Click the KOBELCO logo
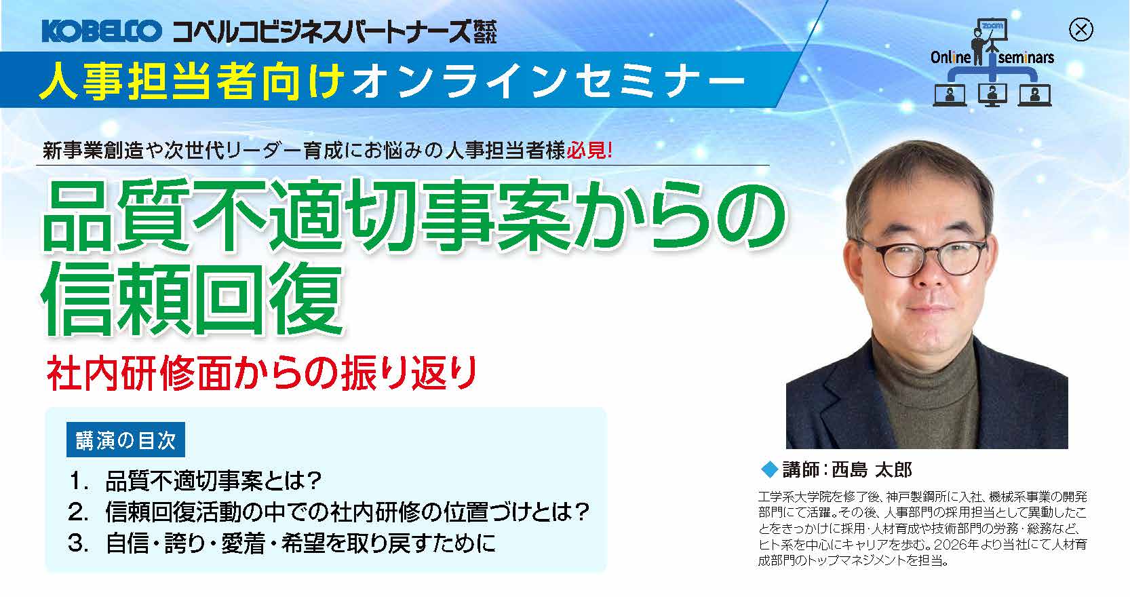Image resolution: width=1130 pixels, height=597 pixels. (101, 31)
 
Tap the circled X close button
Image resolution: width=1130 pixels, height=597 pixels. (1080, 30)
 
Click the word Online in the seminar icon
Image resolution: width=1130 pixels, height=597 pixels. (950, 58)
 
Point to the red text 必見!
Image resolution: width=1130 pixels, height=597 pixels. (589, 151)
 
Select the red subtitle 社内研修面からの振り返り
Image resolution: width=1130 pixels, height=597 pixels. (261, 373)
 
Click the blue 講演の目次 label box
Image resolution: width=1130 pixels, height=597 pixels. (125, 440)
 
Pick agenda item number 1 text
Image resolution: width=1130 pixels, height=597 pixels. (195, 480)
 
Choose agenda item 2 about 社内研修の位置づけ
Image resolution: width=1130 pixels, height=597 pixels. (328, 512)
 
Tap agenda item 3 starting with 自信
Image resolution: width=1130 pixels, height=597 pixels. (282, 543)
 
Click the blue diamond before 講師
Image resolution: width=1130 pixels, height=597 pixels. (769, 470)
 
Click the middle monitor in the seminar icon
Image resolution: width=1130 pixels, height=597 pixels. (992, 96)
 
